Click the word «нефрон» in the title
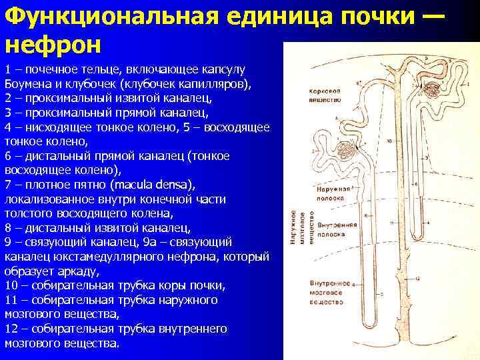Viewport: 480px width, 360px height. [x=53, y=45]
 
